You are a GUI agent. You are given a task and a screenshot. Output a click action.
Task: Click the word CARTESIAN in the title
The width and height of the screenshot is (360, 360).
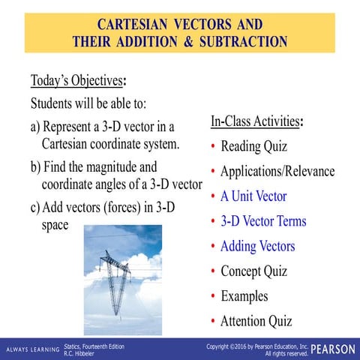[132, 25]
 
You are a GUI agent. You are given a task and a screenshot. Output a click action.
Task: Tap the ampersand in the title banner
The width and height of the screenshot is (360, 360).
[188, 41]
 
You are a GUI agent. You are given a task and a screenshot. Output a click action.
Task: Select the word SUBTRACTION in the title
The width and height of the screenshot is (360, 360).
[243, 41]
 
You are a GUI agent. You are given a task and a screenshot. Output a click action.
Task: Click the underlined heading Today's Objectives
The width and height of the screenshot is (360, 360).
[76, 81]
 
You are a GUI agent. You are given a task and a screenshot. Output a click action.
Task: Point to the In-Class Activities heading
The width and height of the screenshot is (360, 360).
[255, 121]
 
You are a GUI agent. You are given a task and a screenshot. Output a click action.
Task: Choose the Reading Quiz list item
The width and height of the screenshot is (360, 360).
[253, 146]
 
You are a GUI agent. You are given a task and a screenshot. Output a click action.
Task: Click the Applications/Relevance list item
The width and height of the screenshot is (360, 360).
[277, 171]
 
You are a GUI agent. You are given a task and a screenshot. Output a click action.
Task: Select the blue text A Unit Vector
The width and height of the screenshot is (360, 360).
[253, 196]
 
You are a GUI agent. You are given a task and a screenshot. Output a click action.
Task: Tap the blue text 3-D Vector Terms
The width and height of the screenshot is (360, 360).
[263, 221]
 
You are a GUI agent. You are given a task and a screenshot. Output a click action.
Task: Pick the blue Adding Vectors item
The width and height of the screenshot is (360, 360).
[258, 246]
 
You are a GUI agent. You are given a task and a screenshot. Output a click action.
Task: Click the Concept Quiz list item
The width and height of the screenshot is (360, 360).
[253, 271]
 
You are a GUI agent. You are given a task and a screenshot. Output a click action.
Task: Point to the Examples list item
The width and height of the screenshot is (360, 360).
[244, 296]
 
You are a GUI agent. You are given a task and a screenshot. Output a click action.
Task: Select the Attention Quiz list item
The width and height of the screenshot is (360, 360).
[256, 321]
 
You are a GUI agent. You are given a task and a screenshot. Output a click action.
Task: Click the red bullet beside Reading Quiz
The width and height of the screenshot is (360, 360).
[213, 146]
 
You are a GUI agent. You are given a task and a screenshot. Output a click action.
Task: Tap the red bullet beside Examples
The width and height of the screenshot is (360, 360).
[213, 296]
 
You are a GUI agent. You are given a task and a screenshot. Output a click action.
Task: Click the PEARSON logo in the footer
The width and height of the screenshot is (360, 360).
[333, 349]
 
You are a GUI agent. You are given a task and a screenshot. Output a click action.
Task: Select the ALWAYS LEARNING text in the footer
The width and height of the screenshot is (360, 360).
[33, 349]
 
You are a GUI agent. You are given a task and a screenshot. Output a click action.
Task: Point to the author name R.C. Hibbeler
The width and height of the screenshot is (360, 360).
[79, 354]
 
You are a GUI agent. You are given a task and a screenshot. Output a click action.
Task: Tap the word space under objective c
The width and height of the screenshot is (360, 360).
[55, 225]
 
